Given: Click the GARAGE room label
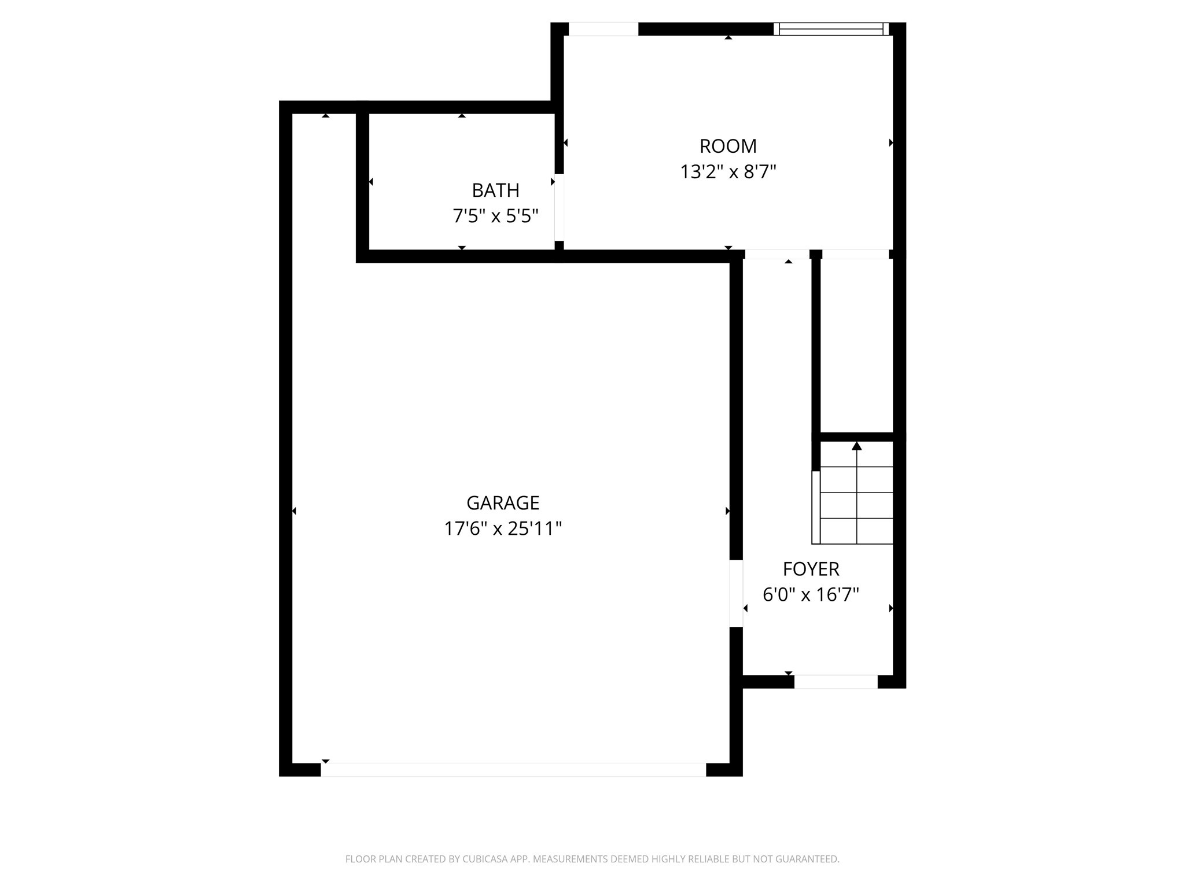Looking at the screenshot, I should [x=502, y=502].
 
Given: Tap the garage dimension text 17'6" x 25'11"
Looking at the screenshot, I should [x=502, y=528].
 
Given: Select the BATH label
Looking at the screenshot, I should [x=495, y=190].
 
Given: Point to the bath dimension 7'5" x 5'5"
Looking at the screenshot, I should [x=495, y=216].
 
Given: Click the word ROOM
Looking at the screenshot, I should [x=728, y=146].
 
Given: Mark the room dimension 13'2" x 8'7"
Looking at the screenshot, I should [x=728, y=172].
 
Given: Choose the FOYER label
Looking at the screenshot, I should [x=811, y=569].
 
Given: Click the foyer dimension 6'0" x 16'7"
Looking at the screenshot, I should [x=811, y=594].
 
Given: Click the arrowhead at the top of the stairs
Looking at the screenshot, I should [x=857, y=446].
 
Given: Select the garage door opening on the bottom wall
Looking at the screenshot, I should [x=513, y=769].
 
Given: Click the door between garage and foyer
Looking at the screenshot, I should [x=735, y=593].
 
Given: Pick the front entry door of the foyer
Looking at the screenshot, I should [x=836, y=682].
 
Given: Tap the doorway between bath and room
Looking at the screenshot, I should [x=559, y=207].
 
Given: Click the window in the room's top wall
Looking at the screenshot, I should [x=831, y=29].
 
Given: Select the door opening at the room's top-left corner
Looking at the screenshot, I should [x=603, y=29].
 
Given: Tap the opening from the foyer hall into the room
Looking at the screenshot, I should [x=776, y=254].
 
